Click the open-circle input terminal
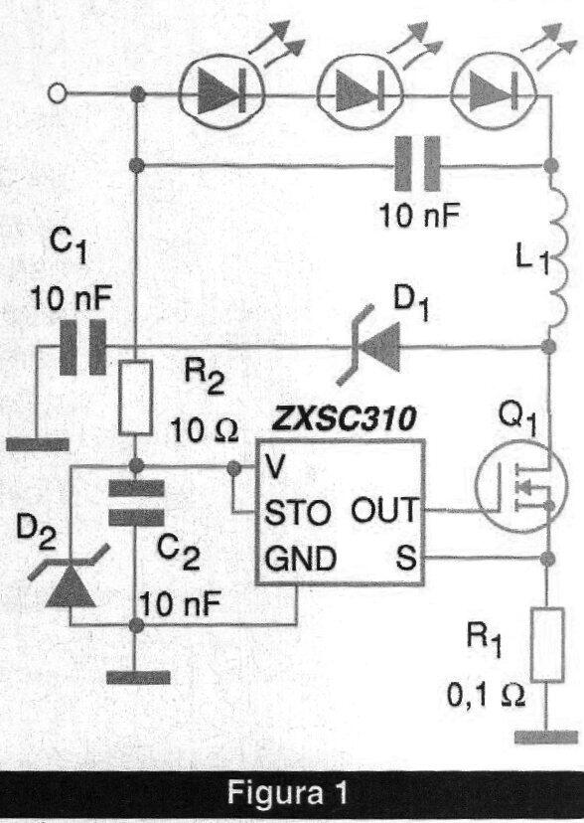tap(58, 94)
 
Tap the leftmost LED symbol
tap(221, 95)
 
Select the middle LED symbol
tap(361, 95)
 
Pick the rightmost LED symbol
tap(494, 95)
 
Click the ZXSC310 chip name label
tap(344, 418)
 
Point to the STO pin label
tap(298, 513)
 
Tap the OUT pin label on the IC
tap(385, 510)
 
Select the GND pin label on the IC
tap(301, 559)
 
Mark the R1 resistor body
tap(547, 644)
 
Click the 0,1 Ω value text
tap(486, 697)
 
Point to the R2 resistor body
tap(136, 398)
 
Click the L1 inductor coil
tap(557, 256)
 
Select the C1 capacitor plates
tap(82, 347)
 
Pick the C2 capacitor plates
tap(136, 503)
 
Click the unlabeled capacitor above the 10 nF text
tap(417, 164)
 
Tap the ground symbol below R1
tap(546, 737)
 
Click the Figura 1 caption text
tap(288, 792)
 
